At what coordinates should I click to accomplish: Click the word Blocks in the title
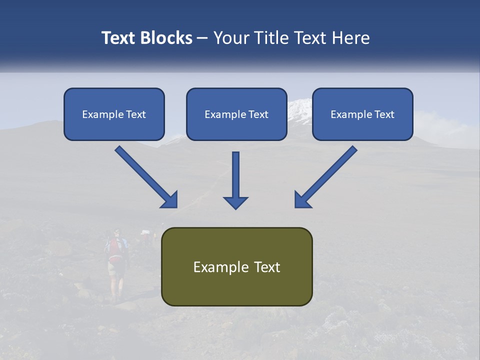click(167, 38)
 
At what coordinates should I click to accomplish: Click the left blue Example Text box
click(114, 114)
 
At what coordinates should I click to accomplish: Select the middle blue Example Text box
click(236, 114)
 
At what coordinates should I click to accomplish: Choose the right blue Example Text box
click(362, 114)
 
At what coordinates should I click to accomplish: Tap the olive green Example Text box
click(236, 266)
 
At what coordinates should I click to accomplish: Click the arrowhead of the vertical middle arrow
click(235, 202)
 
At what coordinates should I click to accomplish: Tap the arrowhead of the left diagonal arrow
click(170, 200)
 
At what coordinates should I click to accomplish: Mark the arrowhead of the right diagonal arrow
click(302, 199)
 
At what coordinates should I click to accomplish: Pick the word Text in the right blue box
click(384, 114)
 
